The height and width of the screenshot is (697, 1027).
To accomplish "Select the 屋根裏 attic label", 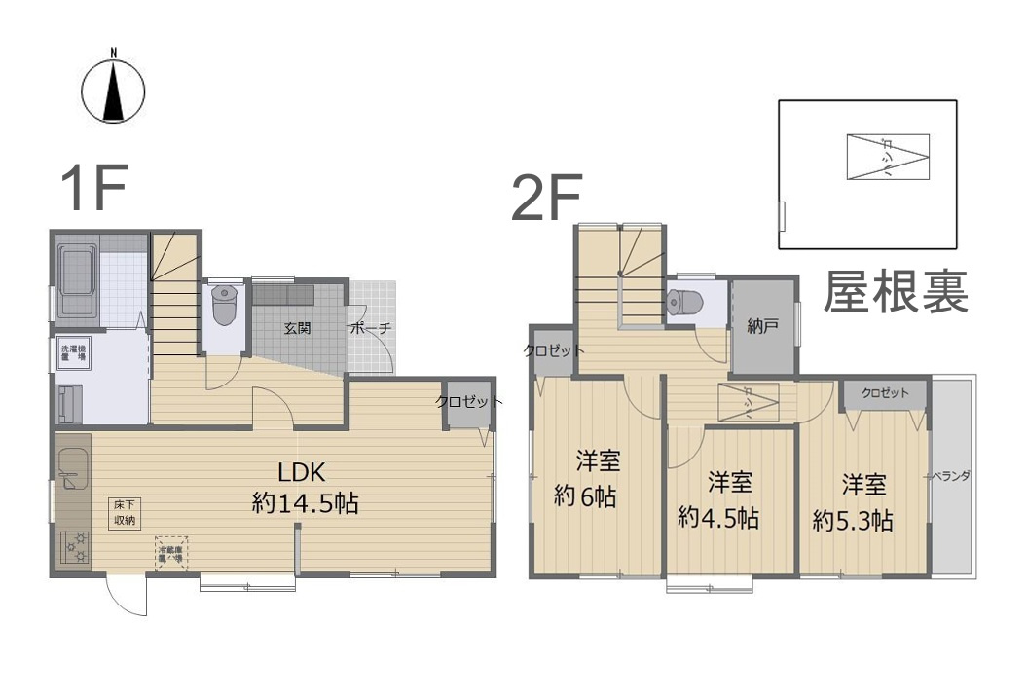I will (897, 290).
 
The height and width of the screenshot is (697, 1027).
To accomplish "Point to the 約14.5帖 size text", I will (305, 503).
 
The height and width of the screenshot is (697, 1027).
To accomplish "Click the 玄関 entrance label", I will (297, 328).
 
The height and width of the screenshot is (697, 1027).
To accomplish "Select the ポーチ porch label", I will (371, 328).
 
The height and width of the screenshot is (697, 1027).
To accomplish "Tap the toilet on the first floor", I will (224, 305).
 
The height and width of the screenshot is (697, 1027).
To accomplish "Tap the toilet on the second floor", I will (686, 302).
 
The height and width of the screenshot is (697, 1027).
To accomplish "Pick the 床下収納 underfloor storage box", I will (124, 513).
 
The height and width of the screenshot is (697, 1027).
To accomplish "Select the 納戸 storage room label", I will (763, 326).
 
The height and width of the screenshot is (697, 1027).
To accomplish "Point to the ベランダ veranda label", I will (948, 477).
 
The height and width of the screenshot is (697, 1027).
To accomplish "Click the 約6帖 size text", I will (585, 495).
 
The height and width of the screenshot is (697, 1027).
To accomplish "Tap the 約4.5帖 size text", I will (718, 517).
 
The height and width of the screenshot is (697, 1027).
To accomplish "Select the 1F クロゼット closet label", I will (468, 401).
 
